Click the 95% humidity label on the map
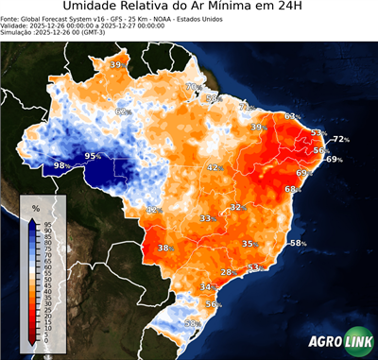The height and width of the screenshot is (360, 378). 93,155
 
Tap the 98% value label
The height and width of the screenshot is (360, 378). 60,165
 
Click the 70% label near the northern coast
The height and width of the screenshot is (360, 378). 191,87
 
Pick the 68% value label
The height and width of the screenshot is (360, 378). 292,189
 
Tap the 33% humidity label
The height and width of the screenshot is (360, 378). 206,218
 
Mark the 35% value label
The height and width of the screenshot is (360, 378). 249,244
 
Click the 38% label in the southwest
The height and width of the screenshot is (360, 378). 164,249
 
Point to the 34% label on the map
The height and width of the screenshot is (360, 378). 207,286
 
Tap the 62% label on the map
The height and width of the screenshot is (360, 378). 121,111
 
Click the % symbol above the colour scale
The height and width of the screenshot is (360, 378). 35,207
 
